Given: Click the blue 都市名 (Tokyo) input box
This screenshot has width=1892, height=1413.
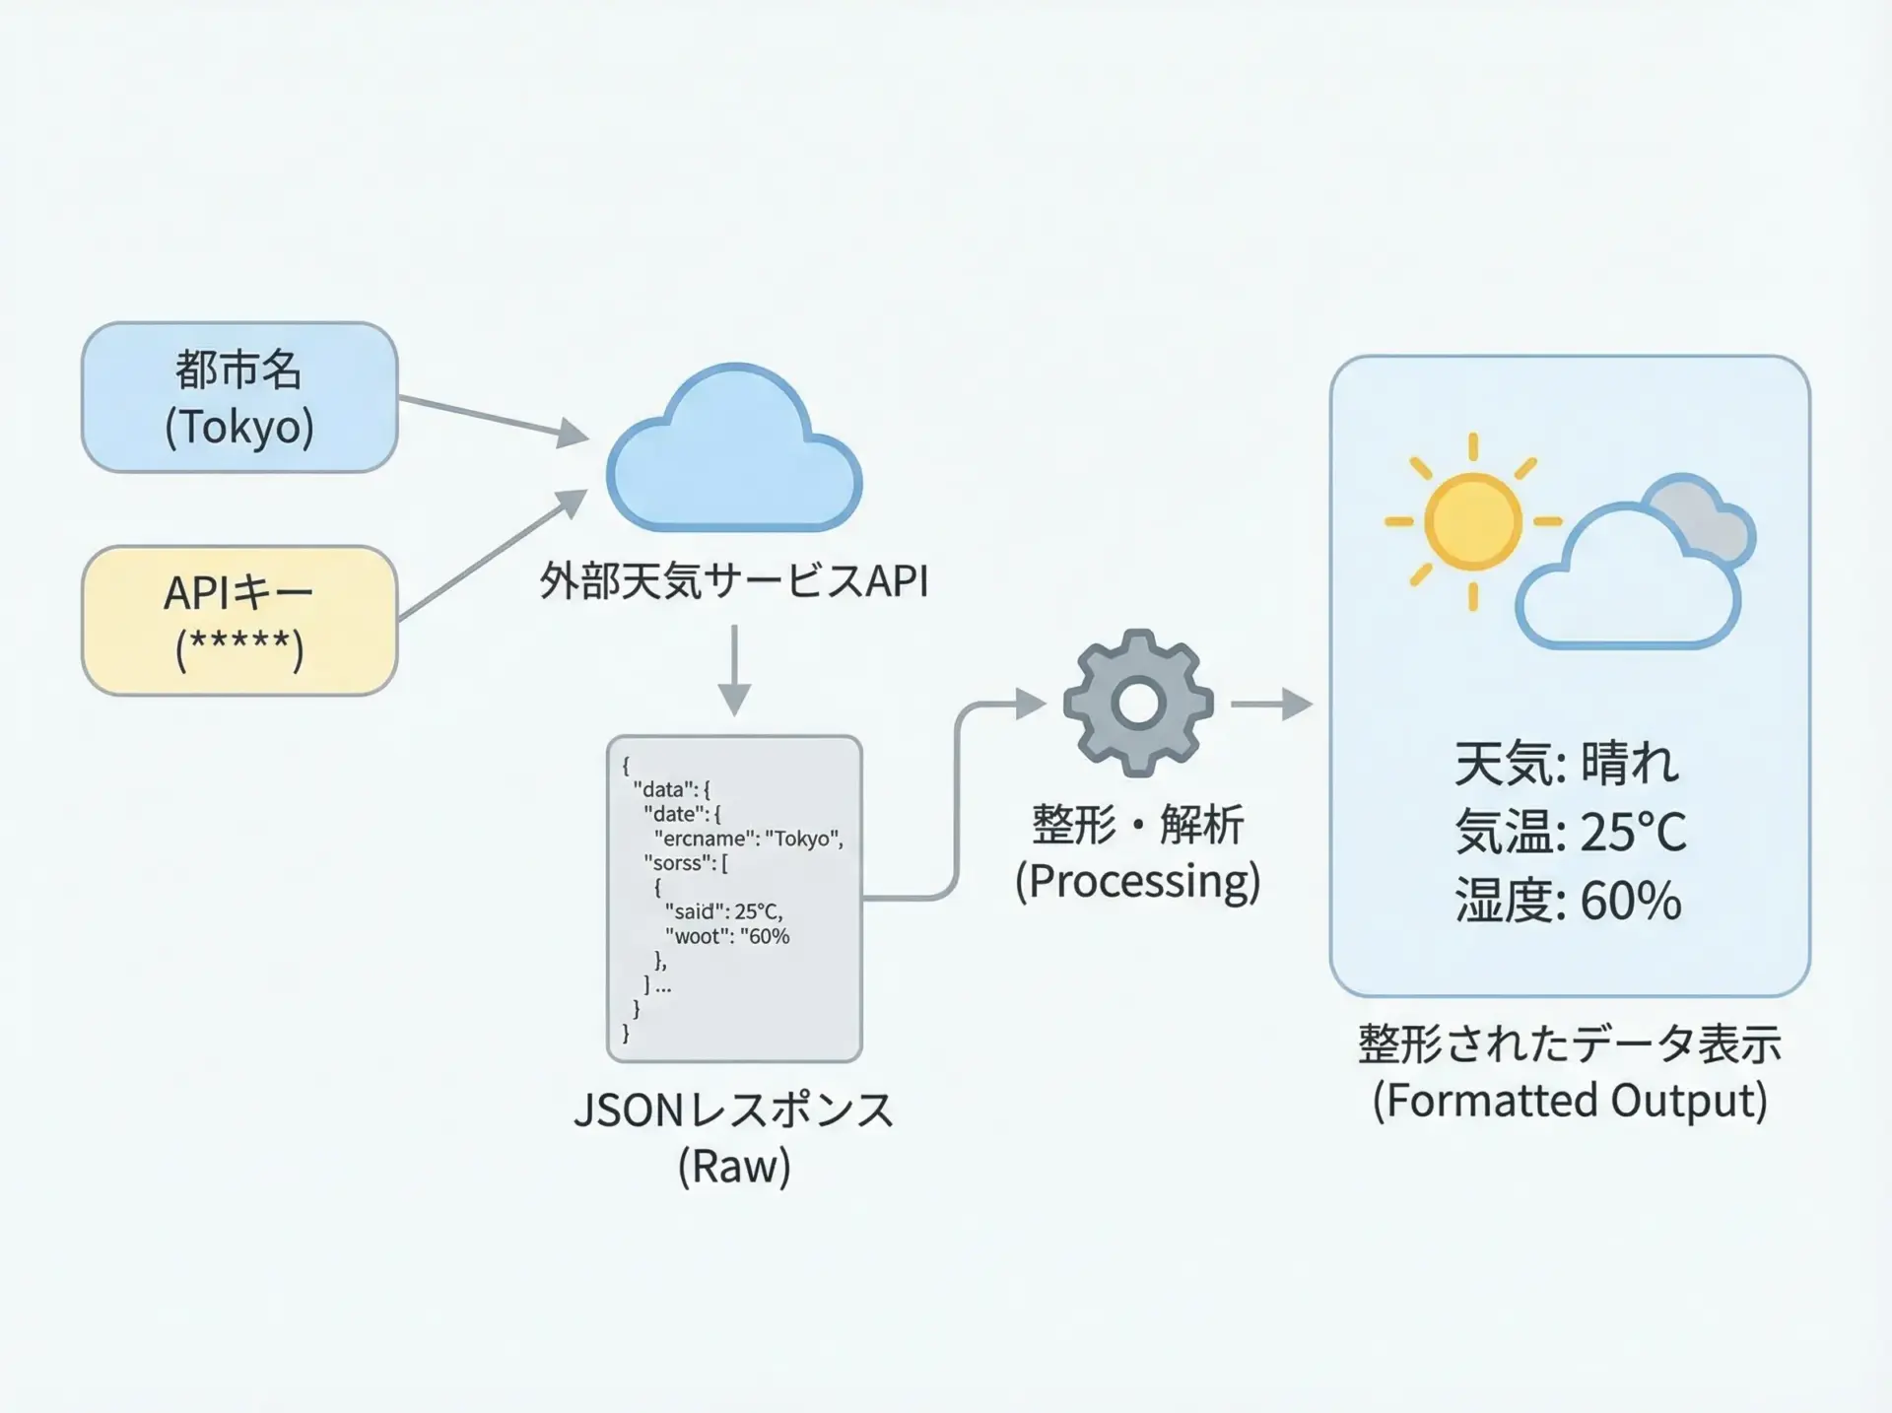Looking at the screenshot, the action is click(x=239, y=397).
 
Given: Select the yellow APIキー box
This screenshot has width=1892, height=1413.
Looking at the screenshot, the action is click(x=239, y=621).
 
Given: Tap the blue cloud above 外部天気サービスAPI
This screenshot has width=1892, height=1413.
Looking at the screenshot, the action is click(x=734, y=449).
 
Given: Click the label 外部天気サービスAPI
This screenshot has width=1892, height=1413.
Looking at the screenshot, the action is click(x=734, y=580).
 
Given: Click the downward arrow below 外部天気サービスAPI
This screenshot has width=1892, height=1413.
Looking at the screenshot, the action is click(x=734, y=671).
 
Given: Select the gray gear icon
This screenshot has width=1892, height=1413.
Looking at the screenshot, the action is click(x=1138, y=704).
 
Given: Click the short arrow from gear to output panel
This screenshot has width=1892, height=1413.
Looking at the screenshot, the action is click(x=1272, y=704).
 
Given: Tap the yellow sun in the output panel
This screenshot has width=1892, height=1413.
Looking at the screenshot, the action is click(x=1473, y=521).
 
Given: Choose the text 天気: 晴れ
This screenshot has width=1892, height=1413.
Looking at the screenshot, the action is click(x=1567, y=763).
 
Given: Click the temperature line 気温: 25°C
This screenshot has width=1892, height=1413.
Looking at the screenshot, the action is click(x=1571, y=832).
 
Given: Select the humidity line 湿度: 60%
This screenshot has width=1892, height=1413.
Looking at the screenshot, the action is click(x=1568, y=900).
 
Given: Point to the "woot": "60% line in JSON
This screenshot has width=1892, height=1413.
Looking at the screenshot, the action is click(x=727, y=936).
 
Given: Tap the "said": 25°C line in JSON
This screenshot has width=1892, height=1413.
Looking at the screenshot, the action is click(x=723, y=911).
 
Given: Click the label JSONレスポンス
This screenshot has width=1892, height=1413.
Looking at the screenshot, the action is click(x=734, y=1110).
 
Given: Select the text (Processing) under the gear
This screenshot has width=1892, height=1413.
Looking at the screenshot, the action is click(x=1138, y=881).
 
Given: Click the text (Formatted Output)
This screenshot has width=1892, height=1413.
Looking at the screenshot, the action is click(x=1570, y=1101).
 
